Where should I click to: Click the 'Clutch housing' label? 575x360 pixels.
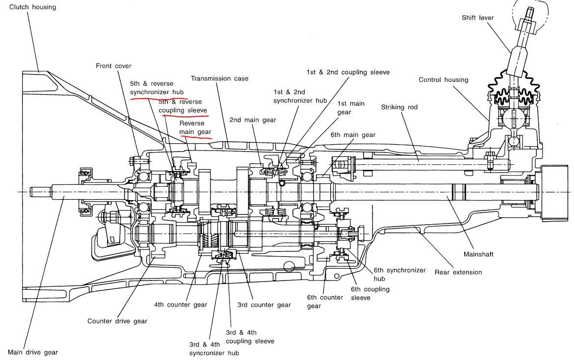coord(33,7)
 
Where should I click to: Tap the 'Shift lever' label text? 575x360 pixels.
coord(477,18)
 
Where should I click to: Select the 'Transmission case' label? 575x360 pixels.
coord(219,78)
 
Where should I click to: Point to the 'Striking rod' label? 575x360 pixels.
coord(399,107)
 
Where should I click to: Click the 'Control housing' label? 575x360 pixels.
coord(443,79)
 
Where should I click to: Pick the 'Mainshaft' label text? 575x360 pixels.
coord(478,255)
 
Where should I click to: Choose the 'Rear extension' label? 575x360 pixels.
coord(458,272)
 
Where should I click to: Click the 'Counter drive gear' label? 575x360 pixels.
coord(117,321)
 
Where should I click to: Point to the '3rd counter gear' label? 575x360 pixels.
coord(264,305)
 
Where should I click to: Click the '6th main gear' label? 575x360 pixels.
coord(353,135)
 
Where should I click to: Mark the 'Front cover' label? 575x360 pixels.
coord(113,66)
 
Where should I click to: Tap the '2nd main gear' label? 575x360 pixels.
coord(253,120)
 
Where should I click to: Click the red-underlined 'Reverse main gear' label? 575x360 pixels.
coord(195,128)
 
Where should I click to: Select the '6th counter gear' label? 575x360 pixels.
coord(324,302)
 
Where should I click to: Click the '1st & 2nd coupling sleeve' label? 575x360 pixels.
coord(348,72)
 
